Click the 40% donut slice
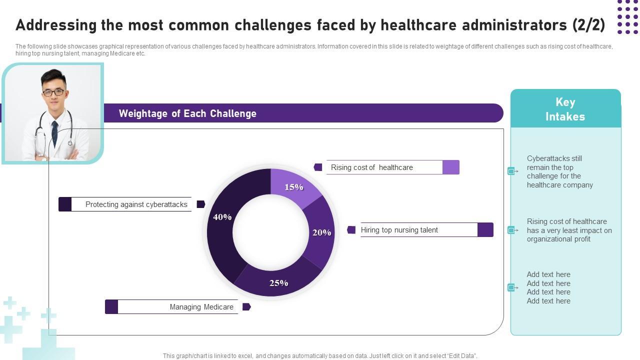click(220, 225)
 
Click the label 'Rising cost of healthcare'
click(371, 167)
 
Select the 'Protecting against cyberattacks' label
click(136, 204)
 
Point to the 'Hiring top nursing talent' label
click(399, 230)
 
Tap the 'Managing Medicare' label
click(201, 307)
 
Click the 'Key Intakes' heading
click(565, 109)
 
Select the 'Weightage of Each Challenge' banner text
click(187, 113)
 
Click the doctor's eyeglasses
click(53, 92)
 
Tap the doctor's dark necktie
click(54, 132)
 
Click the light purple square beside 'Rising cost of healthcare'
click(450, 167)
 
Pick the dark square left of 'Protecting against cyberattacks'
click(65, 204)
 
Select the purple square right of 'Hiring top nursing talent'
click(485, 230)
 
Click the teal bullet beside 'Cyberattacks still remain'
click(511, 171)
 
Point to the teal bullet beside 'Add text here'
click(511, 287)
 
